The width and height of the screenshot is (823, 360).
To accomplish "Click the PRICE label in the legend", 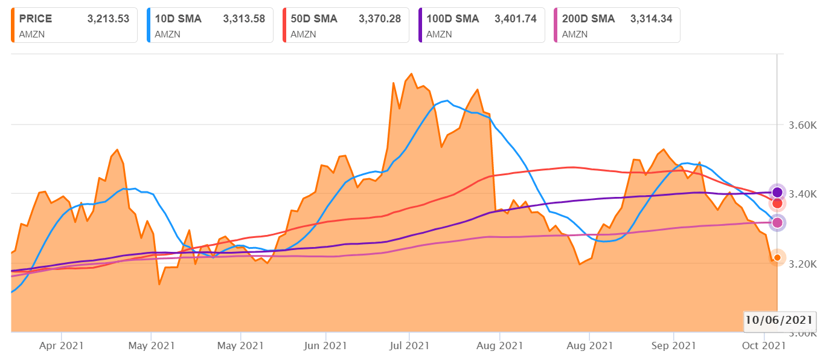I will pos(36,19).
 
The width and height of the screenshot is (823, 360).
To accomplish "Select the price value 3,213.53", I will pos(108,19).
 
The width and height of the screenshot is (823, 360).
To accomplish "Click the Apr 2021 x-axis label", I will pos(62,346).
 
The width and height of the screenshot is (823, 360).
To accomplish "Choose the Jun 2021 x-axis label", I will pos(325,346).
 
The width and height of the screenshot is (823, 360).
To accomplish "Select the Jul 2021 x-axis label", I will pos(409,346).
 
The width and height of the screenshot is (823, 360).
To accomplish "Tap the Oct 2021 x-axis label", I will pos(764,346).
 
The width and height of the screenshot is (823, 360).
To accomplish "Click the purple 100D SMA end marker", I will pos(777,192).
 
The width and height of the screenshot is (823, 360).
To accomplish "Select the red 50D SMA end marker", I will pos(777,203).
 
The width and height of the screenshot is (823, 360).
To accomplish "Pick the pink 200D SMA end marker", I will pos(777,222).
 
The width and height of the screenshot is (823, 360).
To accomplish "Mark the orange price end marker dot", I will pos(777,257).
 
